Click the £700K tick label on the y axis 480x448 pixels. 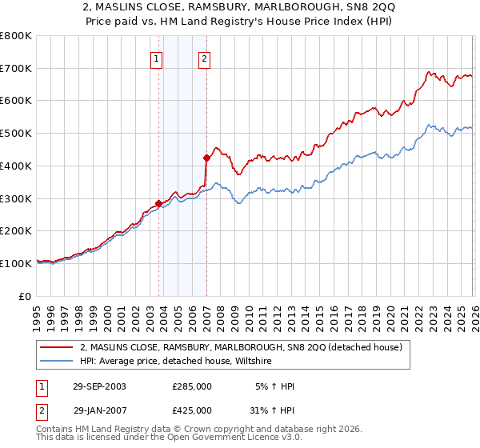[15, 68]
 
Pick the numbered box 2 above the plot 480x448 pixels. [204, 58]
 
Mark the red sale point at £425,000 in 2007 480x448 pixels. [206, 158]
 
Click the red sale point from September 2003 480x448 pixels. [159, 203]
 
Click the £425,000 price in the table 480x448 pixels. [192, 410]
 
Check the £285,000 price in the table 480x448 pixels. [192, 386]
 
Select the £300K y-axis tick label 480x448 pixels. [15, 198]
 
